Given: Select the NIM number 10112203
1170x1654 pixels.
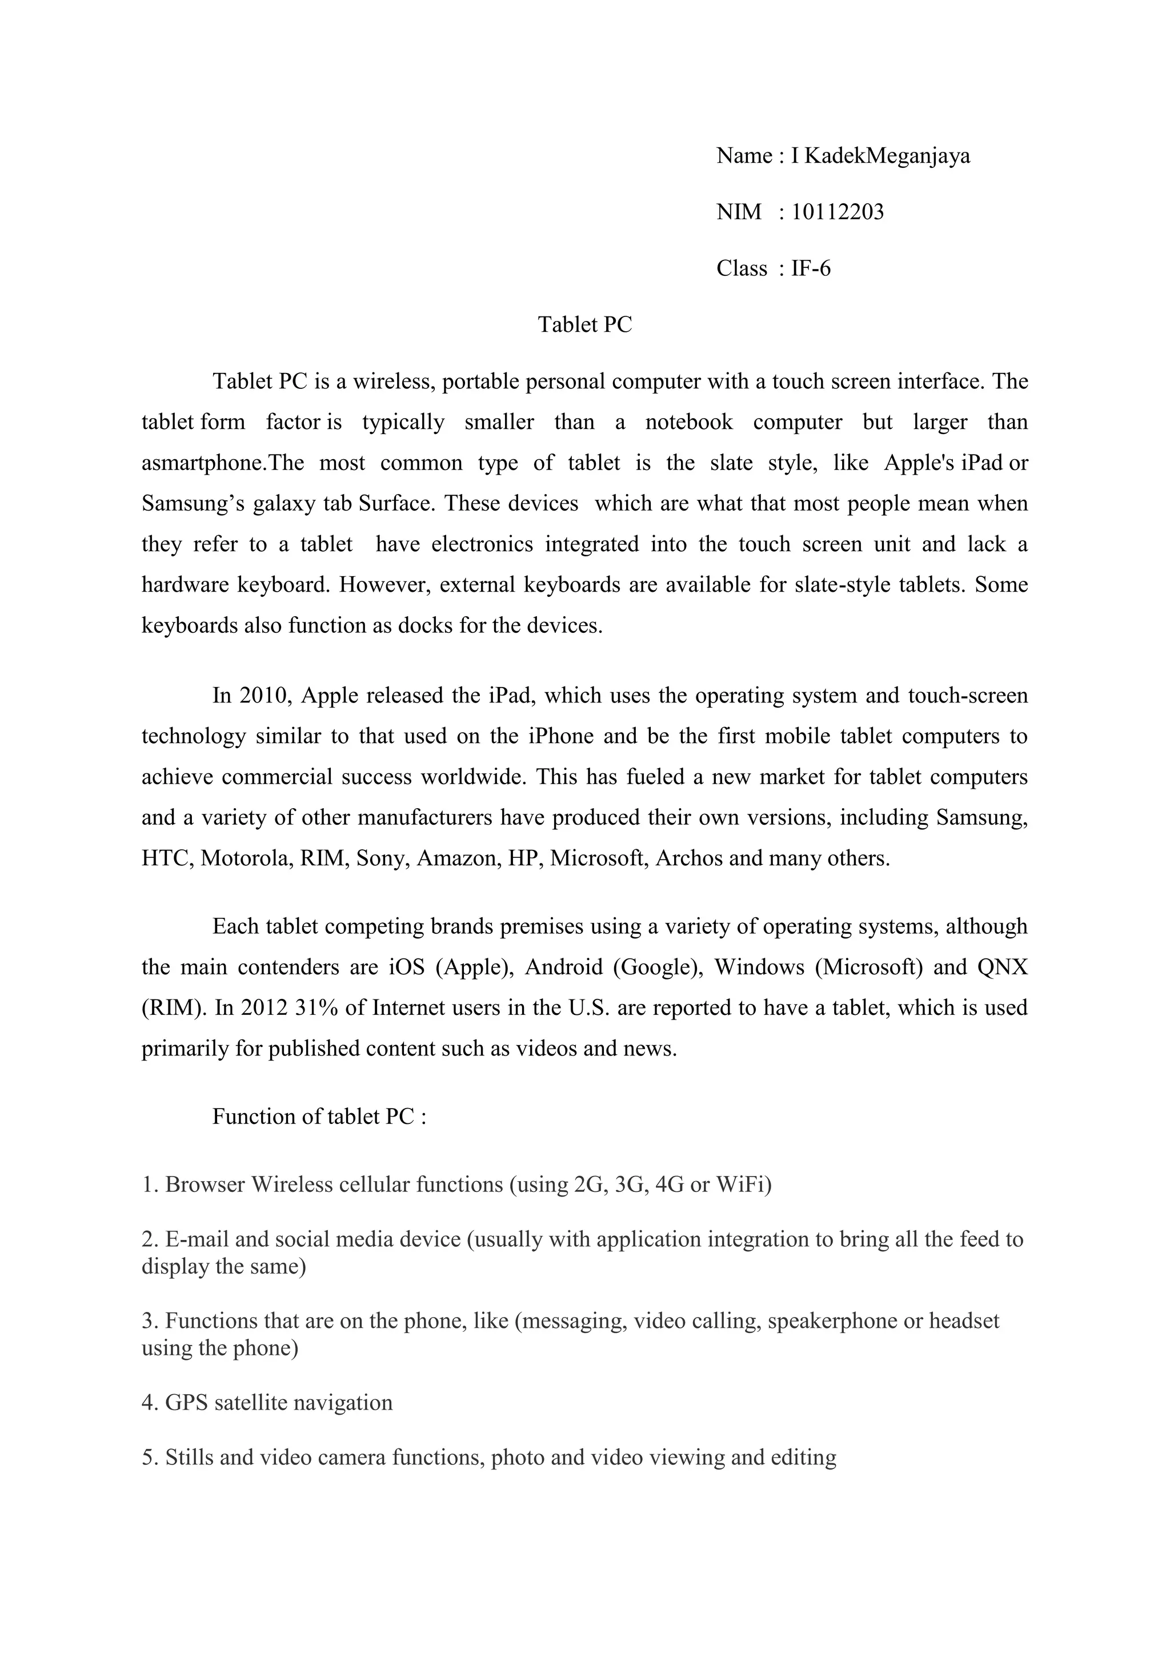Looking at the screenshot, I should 837,212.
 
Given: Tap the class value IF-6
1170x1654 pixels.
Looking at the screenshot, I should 811,268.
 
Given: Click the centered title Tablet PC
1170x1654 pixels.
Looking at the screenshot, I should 584,325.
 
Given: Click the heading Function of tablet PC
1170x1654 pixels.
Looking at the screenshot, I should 319,1117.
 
